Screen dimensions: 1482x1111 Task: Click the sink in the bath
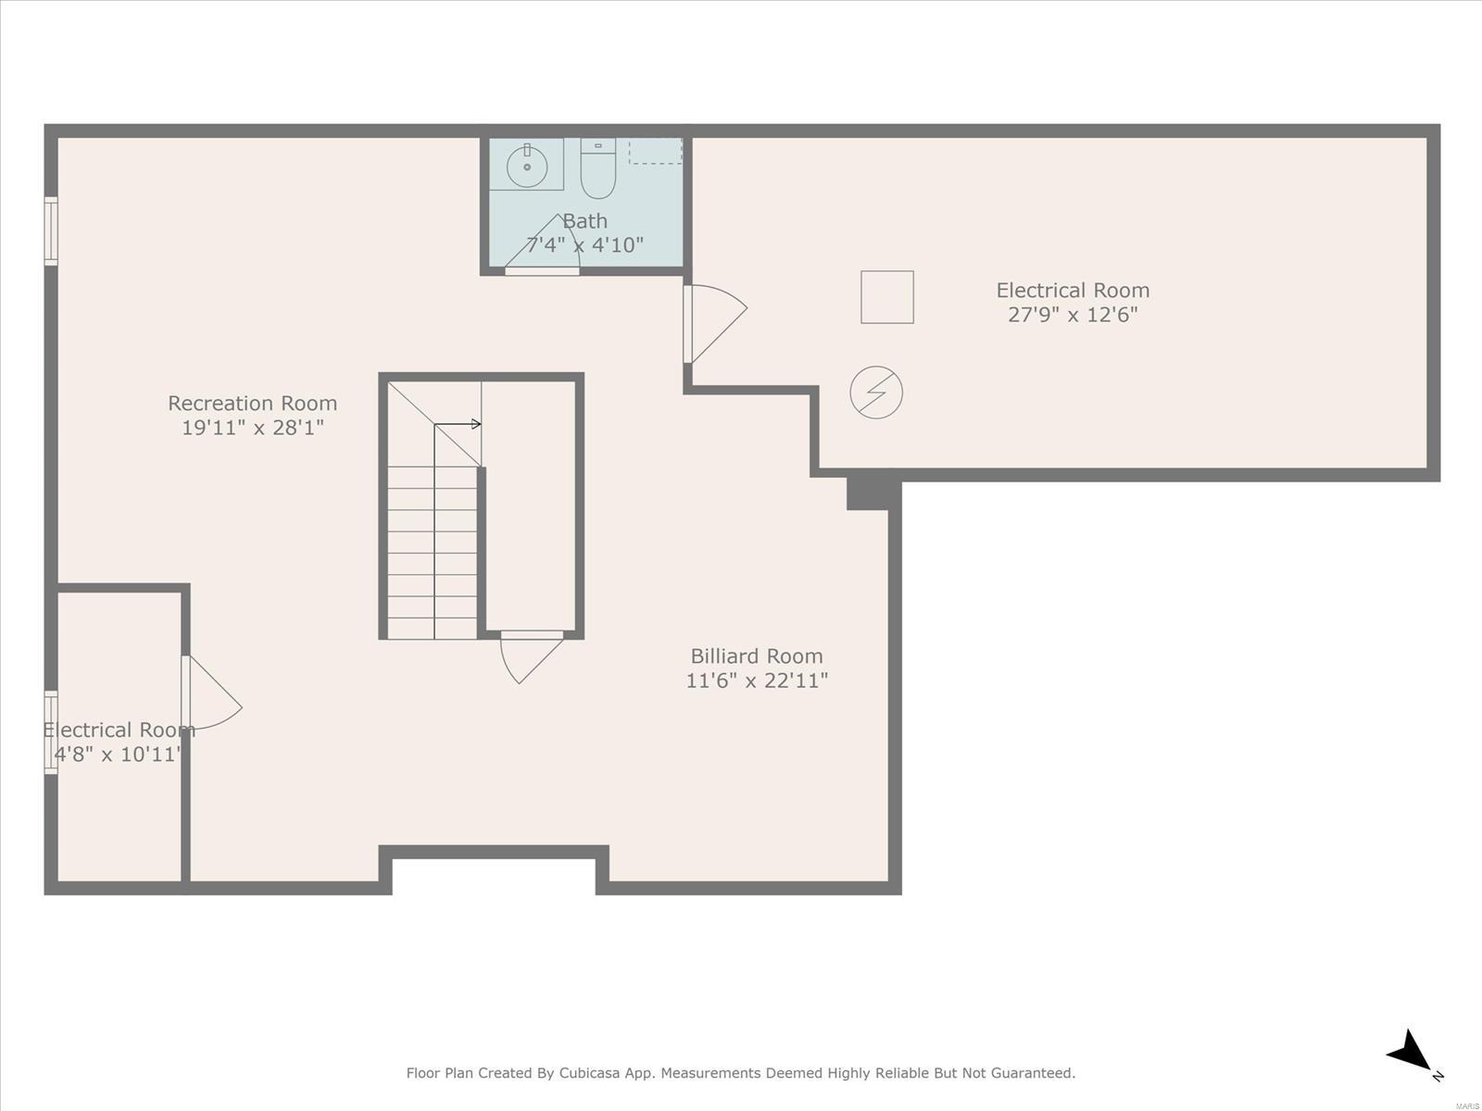(x=527, y=165)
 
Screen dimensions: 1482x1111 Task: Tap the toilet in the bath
(x=597, y=169)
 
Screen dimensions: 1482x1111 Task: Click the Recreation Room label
(x=253, y=403)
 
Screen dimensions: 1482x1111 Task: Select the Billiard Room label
(x=756, y=655)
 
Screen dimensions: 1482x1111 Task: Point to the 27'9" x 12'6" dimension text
(x=1073, y=315)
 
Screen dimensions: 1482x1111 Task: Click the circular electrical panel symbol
(x=875, y=392)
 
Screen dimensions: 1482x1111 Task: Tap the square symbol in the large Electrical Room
(x=887, y=297)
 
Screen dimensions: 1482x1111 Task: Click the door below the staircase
(x=532, y=656)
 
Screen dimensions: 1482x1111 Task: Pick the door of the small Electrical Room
(x=211, y=693)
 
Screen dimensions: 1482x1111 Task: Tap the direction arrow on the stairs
(x=457, y=424)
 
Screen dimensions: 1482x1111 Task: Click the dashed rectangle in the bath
(x=655, y=151)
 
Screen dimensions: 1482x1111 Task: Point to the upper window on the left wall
(x=51, y=231)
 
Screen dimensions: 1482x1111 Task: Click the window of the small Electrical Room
(x=51, y=732)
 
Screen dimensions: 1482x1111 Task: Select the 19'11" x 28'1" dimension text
(x=253, y=427)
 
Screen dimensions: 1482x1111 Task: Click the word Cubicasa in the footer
(x=589, y=1072)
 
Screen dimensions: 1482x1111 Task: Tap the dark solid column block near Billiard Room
(x=873, y=493)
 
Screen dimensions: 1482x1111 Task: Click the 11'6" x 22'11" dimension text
(x=756, y=680)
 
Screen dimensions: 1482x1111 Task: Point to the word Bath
(x=584, y=220)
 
